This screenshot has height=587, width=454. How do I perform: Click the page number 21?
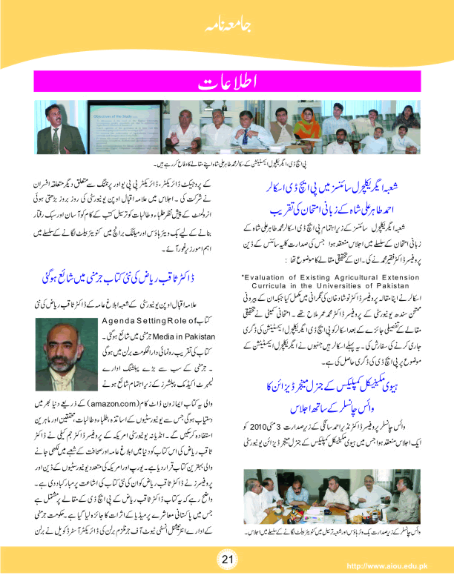click(227, 558)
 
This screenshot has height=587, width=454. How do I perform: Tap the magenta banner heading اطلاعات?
click(226, 81)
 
